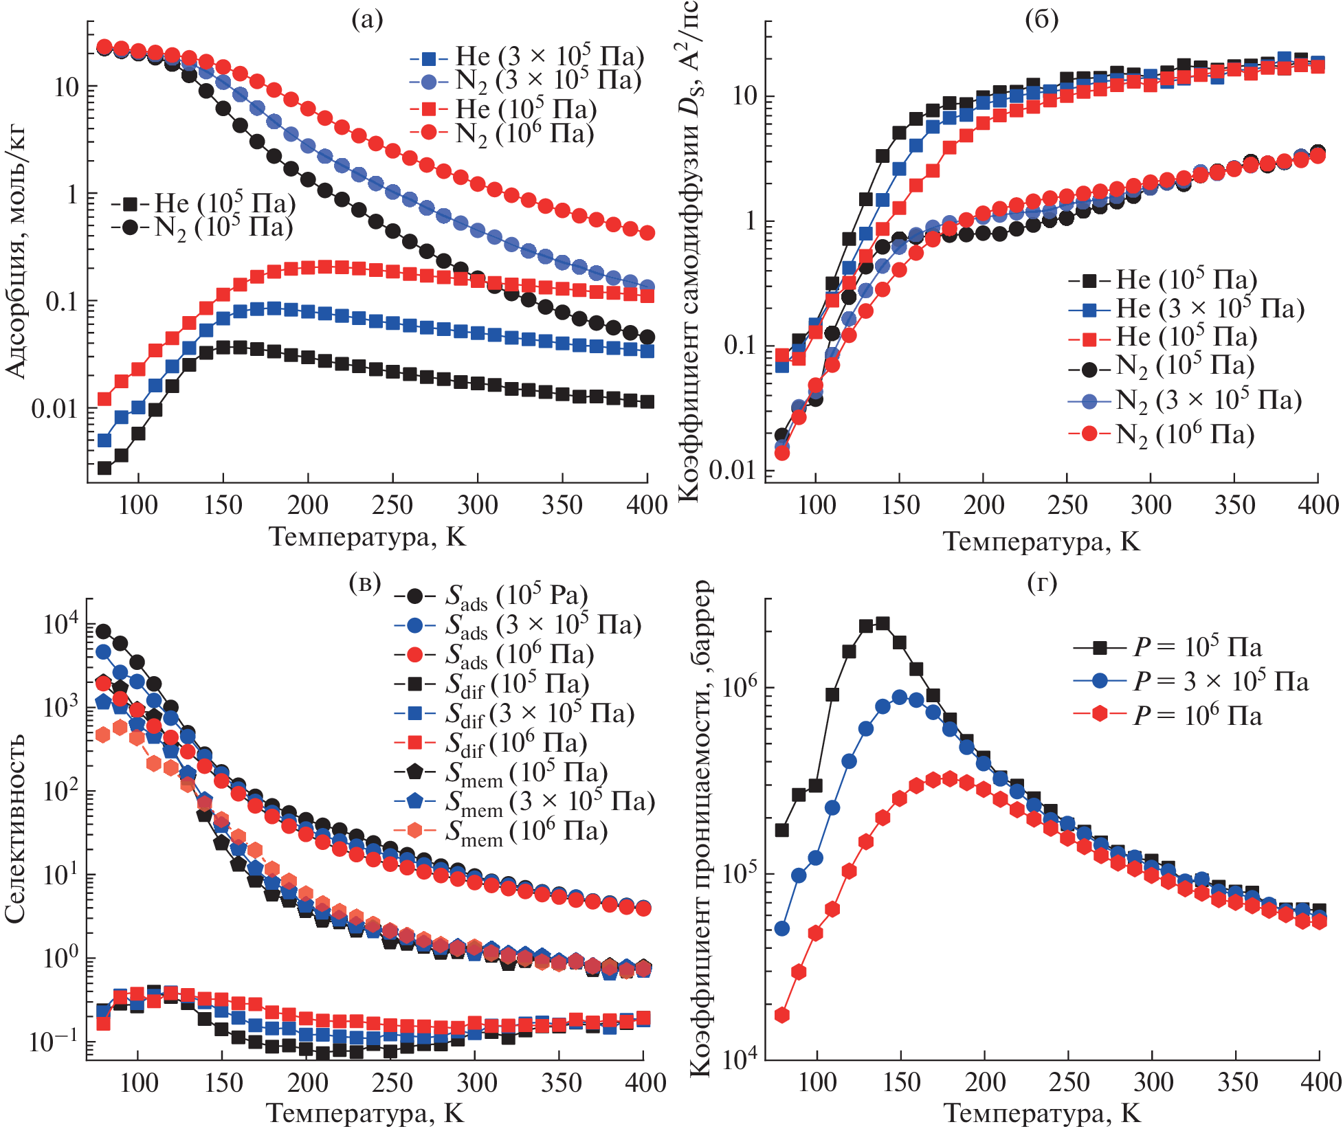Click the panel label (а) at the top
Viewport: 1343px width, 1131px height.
click(367, 20)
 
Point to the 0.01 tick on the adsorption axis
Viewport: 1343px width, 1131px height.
click(54, 410)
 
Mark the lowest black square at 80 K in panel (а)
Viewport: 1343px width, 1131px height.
click(104, 468)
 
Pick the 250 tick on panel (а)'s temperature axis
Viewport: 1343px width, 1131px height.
click(392, 506)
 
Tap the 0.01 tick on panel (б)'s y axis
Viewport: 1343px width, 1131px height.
click(733, 471)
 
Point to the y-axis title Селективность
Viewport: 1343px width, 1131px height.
click(15, 828)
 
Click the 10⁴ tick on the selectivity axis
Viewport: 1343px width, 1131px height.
click(61, 624)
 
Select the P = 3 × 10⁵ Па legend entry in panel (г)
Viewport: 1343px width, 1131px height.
click(1191, 682)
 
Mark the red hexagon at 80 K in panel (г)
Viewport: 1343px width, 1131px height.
click(781, 1015)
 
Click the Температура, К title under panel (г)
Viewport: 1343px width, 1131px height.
click(1041, 1114)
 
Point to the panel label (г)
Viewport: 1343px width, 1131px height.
click(1042, 583)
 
